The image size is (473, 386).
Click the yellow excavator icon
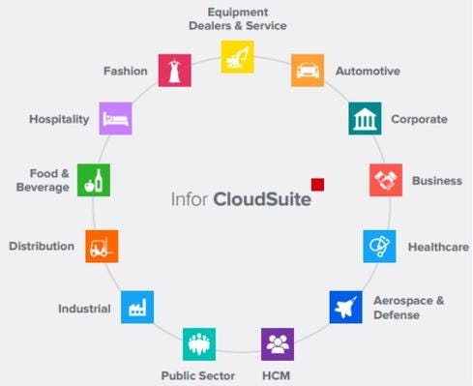tap(237, 57)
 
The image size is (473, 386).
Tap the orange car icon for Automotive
tap(308, 71)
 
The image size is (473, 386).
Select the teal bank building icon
tap(365, 119)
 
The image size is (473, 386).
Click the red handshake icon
tap(386, 180)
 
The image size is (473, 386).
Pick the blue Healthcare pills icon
tap(379, 246)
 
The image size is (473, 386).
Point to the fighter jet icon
tap(345, 307)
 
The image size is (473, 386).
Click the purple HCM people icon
tap(278, 344)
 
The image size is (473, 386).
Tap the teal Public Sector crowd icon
tap(199, 344)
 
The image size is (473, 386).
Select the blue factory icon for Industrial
tap(136, 308)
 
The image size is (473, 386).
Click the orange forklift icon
tap(102, 247)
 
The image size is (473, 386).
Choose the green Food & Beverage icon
tap(94, 180)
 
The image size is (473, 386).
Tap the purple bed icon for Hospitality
tap(115, 119)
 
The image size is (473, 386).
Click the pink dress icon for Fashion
tap(173, 71)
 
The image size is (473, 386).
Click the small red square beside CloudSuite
tap(317, 184)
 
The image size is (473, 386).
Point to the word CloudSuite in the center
tap(263, 200)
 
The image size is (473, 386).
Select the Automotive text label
tap(368, 72)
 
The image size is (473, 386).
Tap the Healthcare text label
tap(438, 247)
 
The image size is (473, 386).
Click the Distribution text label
tap(42, 246)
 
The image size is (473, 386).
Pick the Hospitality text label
tap(59, 119)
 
